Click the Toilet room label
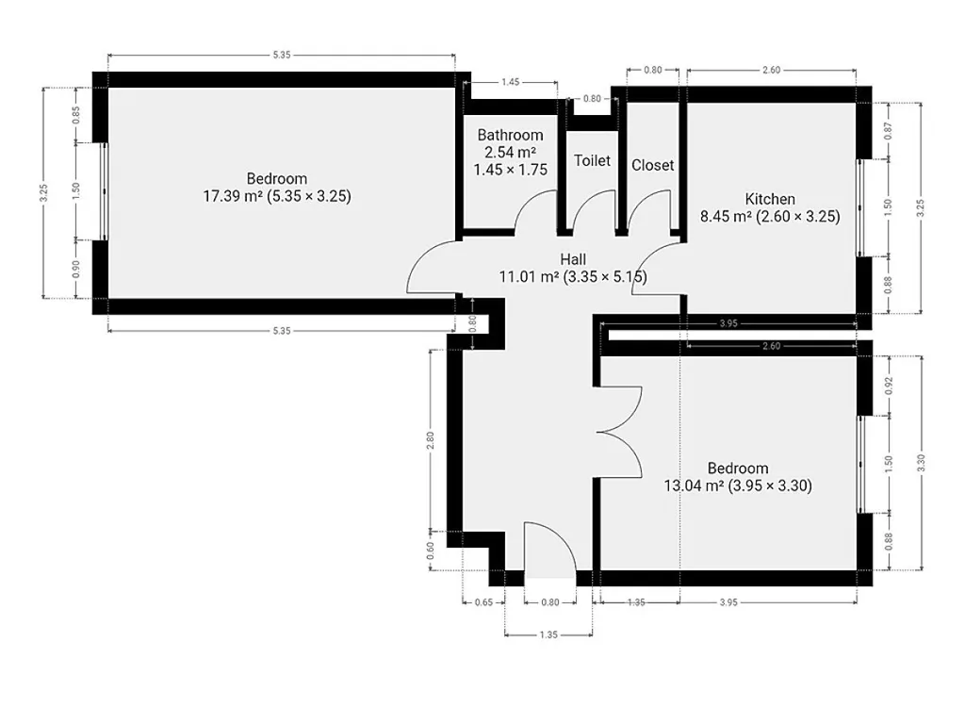point(592,160)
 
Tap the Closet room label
point(652,165)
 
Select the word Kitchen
point(770,199)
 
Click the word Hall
point(573,259)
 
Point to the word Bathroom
point(510,135)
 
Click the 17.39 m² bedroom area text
point(277,196)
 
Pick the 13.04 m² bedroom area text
point(738,485)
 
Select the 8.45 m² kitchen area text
point(770,216)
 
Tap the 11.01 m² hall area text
point(573,276)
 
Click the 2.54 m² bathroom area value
point(510,152)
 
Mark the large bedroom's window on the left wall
point(104,190)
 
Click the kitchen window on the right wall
point(861,207)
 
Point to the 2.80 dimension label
point(430,440)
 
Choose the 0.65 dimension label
point(483,602)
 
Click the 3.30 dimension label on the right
point(921,463)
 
